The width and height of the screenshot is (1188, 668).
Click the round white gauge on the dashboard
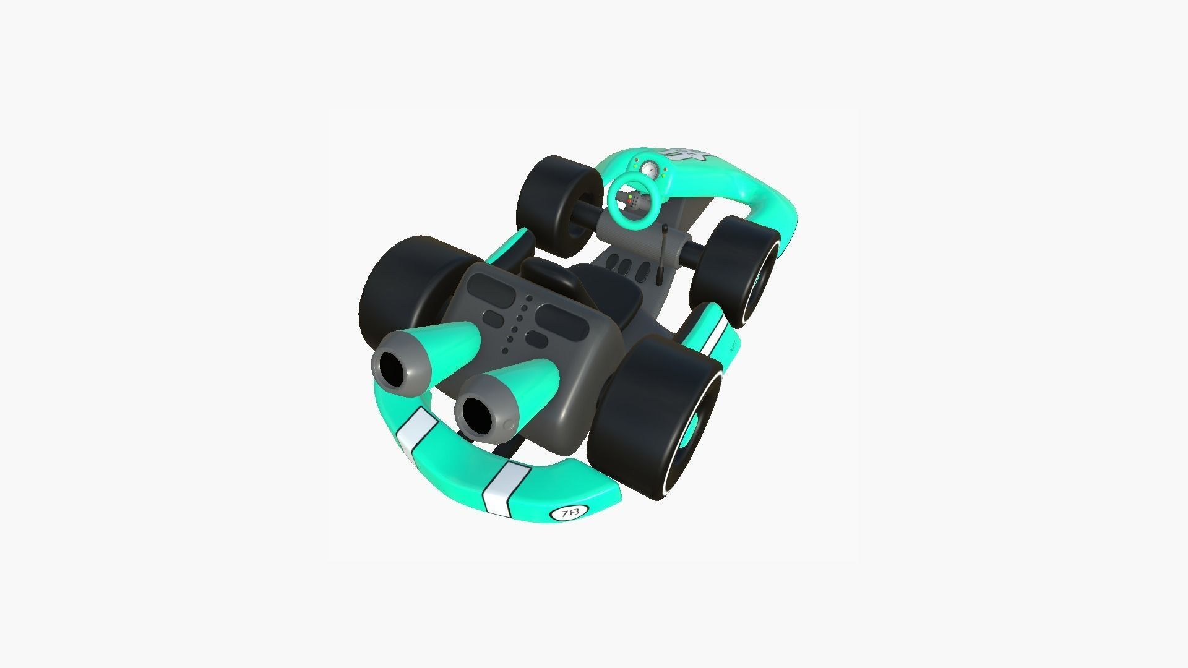click(649, 168)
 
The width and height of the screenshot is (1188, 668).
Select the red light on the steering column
click(629, 201)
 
